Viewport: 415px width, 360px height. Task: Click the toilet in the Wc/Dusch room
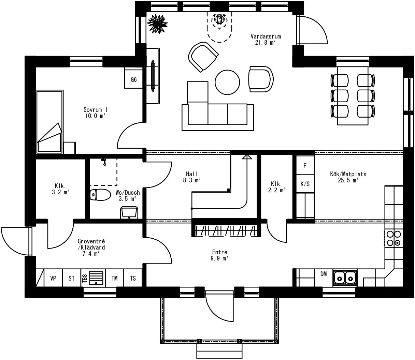(100, 195)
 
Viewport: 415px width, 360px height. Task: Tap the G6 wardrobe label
(134, 80)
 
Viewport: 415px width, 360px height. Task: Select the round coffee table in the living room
(227, 82)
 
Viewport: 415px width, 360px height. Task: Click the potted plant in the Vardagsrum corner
(157, 24)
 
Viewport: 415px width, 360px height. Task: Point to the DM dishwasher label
(324, 274)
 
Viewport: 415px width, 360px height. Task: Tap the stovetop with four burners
(394, 238)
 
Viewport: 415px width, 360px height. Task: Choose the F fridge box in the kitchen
(305, 165)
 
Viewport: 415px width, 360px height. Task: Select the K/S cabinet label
(305, 184)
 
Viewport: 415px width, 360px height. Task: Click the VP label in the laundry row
(53, 278)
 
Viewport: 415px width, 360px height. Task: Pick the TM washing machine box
(115, 278)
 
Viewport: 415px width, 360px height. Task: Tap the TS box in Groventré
(133, 278)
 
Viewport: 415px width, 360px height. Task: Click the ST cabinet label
(71, 278)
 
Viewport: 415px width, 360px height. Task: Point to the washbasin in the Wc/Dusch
(129, 212)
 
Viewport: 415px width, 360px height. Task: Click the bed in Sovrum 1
(50, 122)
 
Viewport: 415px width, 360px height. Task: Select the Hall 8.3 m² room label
(192, 177)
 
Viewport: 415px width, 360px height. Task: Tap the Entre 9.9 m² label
(219, 255)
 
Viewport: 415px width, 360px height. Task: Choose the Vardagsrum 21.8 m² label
(266, 39)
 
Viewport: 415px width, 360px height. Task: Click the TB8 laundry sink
(96, 278)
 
